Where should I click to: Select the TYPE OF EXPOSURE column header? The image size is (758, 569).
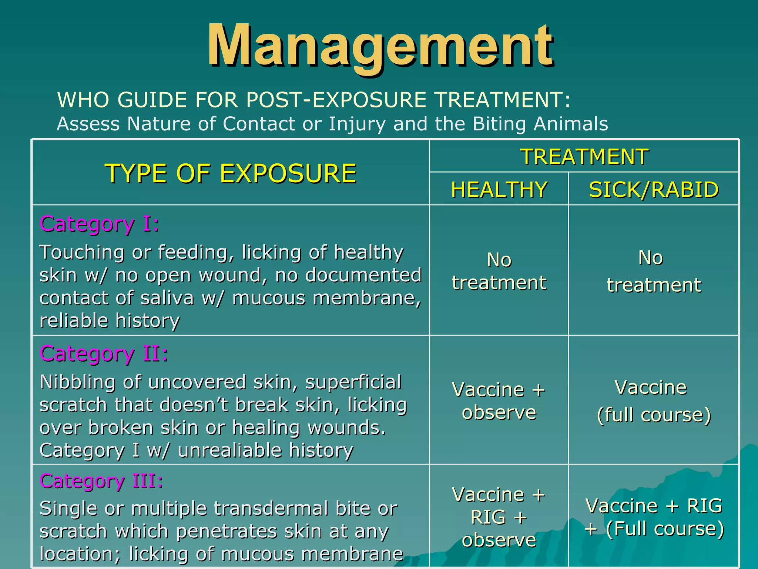click(231, 173)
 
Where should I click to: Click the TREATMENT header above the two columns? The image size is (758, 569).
click(584, 156)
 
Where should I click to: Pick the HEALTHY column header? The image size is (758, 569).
click(499, 190)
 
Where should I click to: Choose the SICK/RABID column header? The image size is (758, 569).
click(654, 190)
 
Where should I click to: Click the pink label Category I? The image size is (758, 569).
click(99, 224)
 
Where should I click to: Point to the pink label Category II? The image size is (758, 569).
click(104, 353)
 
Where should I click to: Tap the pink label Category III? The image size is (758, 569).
click(101, 481)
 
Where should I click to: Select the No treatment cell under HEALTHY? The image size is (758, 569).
click(499, 271)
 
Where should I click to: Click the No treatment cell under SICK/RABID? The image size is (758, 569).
click(654, 271)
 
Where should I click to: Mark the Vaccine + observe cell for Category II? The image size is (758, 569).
click(499, 401)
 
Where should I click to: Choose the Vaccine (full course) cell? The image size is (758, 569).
click(654, 401)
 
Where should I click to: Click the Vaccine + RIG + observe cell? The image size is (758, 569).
click(499, 517)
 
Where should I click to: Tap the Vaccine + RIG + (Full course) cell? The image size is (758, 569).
click(654, 517)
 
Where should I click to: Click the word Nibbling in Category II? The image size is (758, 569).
click(77, 382)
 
